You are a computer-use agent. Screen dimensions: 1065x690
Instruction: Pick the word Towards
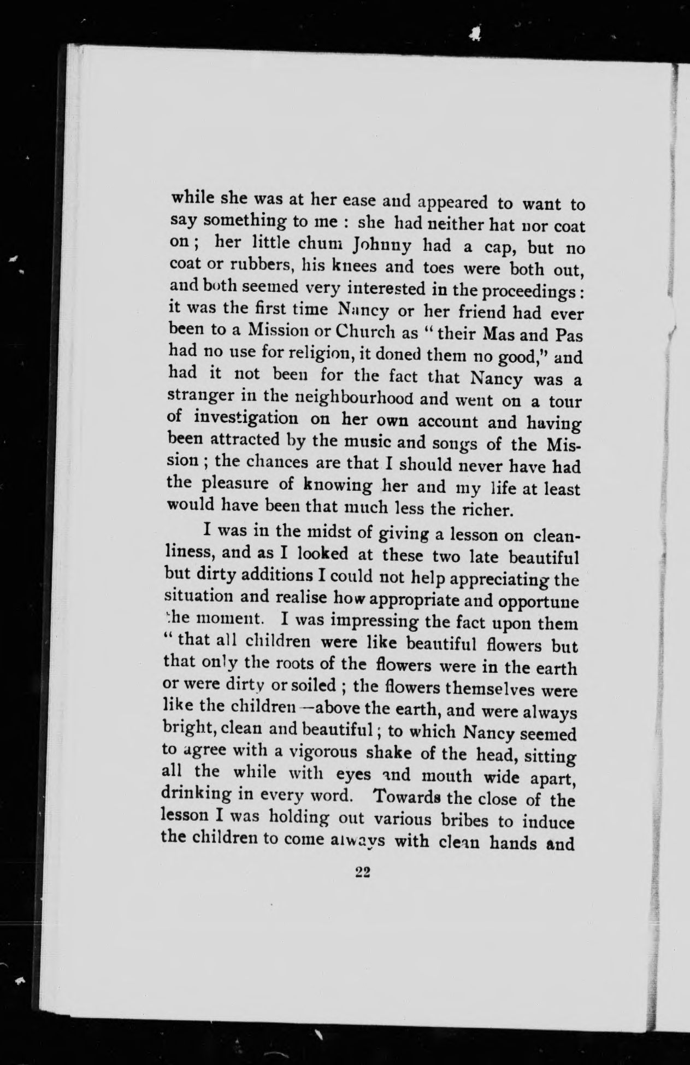(x=405, y=796)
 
